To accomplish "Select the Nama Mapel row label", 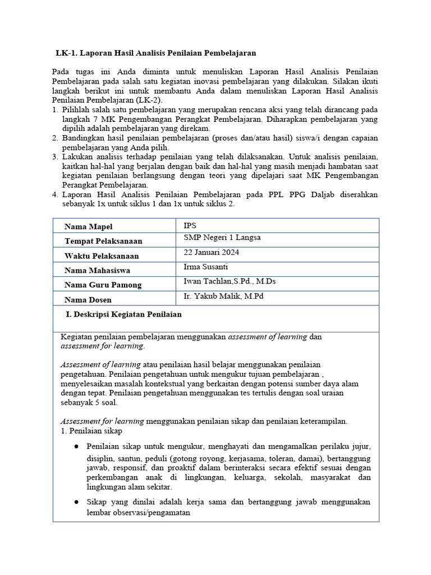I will (x=88, y=226).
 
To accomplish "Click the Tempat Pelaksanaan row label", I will (x=103, y=241).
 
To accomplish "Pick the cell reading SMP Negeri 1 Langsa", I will (x=222, y=238).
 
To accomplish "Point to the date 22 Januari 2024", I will (x=210, y=252).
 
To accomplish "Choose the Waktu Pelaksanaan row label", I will (x=102, y=255).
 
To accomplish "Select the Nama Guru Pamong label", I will (x=103, y=285).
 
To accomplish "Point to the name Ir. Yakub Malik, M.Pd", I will (x=223, y=296).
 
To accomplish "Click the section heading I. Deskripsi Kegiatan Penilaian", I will (x=124, y=314).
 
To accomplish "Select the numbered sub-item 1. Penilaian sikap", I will (x=91, y=431).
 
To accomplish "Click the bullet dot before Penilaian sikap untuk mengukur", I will (x=76, y=446).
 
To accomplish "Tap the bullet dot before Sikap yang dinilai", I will (x=76, y=502).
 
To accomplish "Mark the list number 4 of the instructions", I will (x=55, y=195).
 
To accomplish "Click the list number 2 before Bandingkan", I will (x=55, y=138).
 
